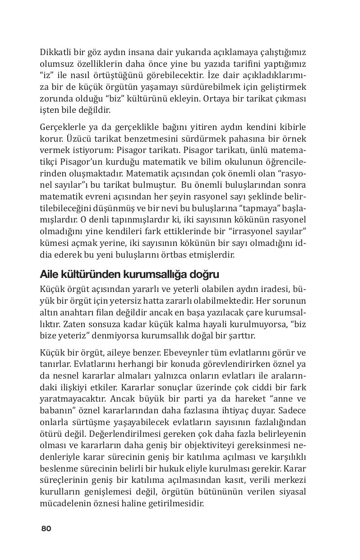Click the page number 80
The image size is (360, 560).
pos(46,528)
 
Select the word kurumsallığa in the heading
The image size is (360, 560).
pos(152,274)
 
